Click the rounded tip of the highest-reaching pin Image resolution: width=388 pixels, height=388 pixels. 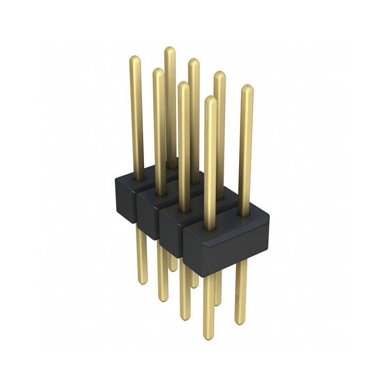tap(169, 50)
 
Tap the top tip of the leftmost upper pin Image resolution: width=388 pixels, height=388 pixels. tap(135, 59)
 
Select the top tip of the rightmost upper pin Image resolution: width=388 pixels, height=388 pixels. tap(247, 88)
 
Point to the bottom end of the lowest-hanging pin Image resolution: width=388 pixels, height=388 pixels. tap(209, 337)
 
